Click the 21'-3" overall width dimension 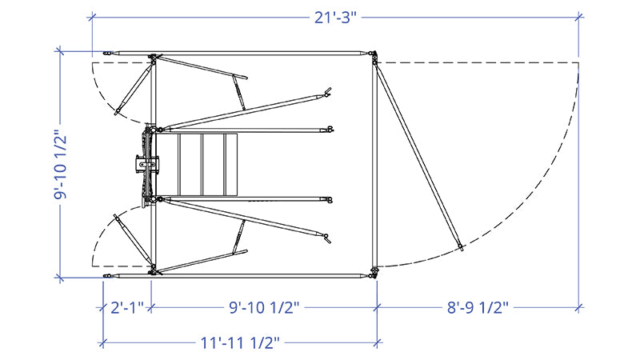click(x=335, y=18)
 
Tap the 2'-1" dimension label click(x=127, y=307)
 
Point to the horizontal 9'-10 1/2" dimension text click(x=264, y=307)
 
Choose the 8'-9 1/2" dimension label click(x=478, y=307)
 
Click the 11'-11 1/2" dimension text click(x=240, y=343)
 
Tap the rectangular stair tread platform click(x=207, y=164)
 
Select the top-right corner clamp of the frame click(x=373, y=57)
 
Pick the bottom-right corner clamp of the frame click(x=373, y=272)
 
